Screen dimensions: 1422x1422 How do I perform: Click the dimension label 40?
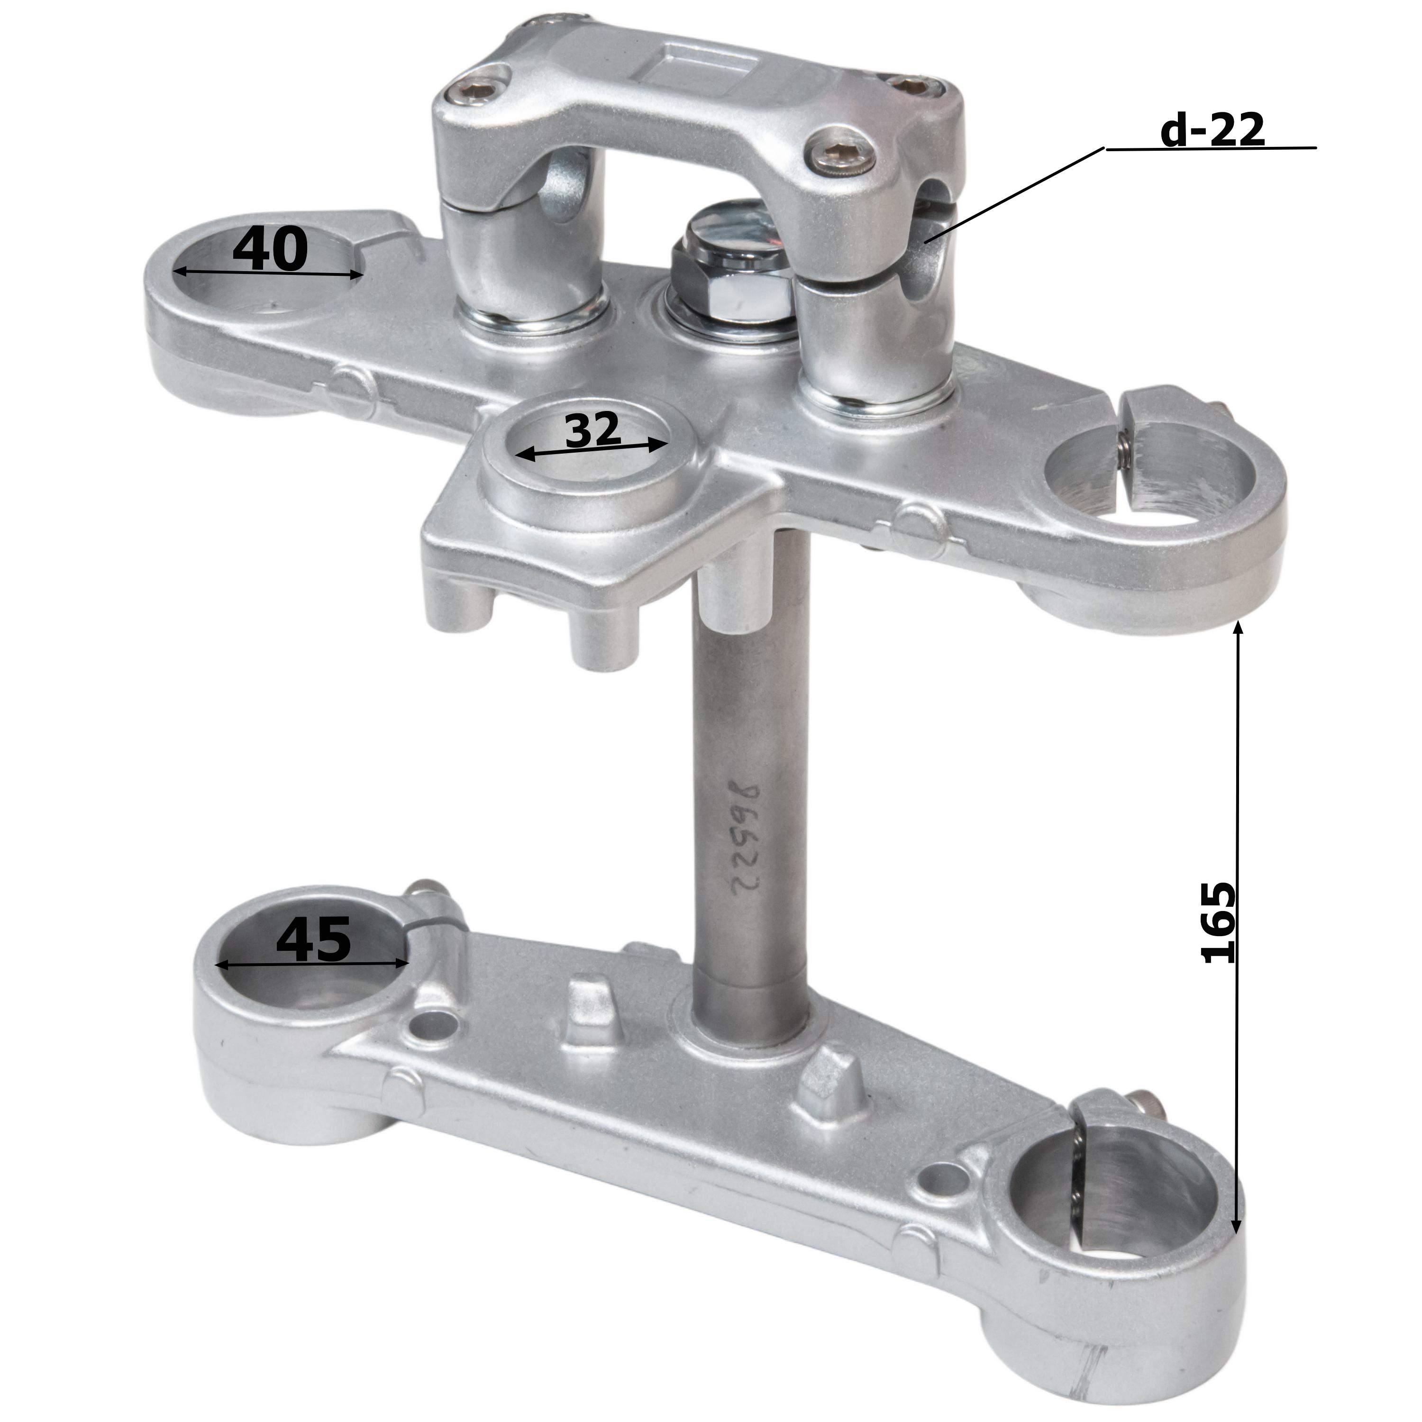pyautogui.click(x=269, y=249)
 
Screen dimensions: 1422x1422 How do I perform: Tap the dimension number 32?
pyautogui.click(x=593, y=430)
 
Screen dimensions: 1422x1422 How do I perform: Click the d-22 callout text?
pyautogui.click(x=1212, y=131)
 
